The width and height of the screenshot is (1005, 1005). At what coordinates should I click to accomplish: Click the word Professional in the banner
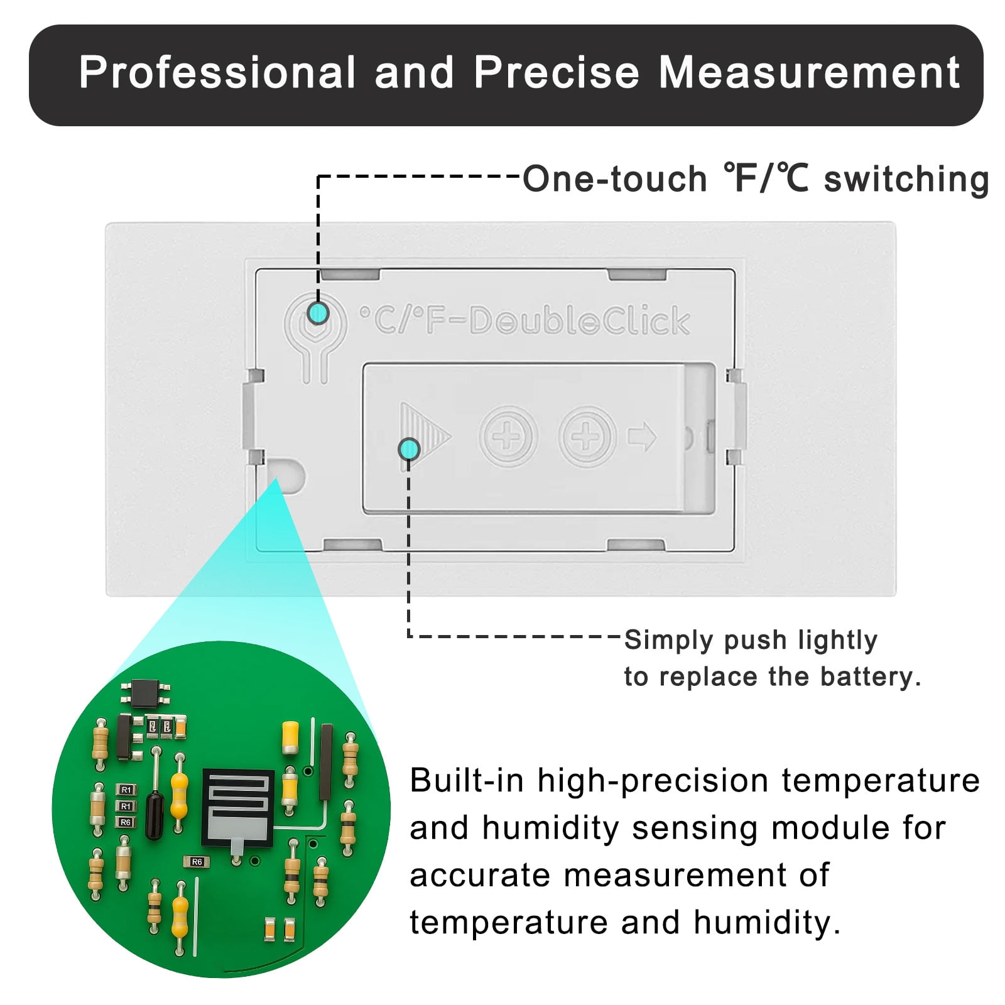point(217,73)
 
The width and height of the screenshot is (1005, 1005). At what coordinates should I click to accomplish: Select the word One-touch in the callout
point(615,179)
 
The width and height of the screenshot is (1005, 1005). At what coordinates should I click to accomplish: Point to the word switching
point(906,180)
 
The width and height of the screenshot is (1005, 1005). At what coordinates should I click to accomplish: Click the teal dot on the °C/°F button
point(318,312)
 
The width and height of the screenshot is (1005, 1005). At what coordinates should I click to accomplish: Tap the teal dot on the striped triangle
point(409,449)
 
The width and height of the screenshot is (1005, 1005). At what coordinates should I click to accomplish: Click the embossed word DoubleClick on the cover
point(579,320)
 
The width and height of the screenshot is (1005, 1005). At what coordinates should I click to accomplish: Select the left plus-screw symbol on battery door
point(508,435)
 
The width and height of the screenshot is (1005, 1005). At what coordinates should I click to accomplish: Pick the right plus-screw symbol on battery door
point(587,435)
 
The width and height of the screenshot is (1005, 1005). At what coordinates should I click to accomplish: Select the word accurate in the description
point(480,876)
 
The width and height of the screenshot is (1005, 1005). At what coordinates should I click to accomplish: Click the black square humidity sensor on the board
point(238,807)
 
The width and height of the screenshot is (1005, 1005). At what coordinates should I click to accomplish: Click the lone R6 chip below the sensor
point(197,862)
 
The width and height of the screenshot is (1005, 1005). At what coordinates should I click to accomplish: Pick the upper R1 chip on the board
point(126,790)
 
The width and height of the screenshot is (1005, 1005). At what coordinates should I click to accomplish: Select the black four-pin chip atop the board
point(145,692)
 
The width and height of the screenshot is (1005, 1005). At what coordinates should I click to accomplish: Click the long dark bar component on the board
point(326,762)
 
